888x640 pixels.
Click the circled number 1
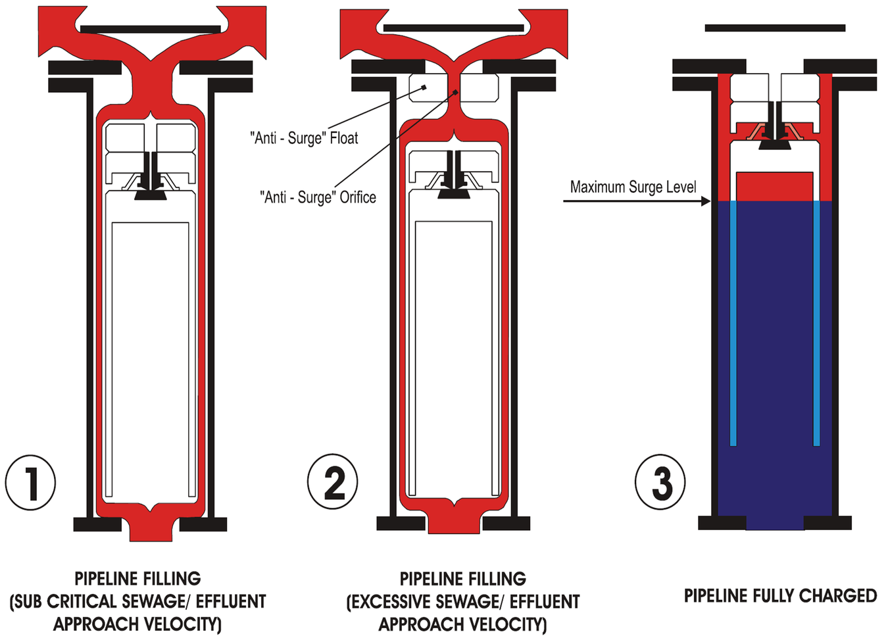(x=30, y=483)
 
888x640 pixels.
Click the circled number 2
(x=333, y=481)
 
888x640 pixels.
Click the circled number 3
(x=660, y=481)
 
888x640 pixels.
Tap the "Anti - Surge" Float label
(x=304, y=138)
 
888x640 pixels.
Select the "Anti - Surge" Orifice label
(x=318, y=197)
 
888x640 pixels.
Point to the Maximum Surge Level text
(x=633, y=187)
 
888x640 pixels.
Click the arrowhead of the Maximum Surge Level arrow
(x=706, y=201)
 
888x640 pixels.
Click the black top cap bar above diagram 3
(x=775, y=28)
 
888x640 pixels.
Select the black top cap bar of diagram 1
(x=150, y=30)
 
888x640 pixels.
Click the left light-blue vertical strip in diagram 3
(x=733, y=323)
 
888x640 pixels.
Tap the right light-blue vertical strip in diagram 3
(x=817, y=323)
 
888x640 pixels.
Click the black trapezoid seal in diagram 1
(x=150, y=195)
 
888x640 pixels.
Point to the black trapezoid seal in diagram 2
(x=454, y=194)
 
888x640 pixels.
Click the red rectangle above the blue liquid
(x=775, y=186)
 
